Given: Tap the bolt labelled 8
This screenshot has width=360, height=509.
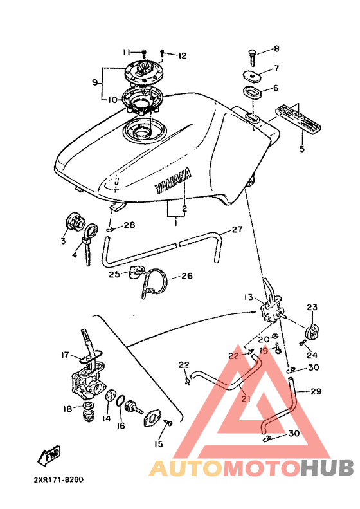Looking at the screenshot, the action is (253, 58).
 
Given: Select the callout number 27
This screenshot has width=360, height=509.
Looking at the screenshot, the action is (237, 230).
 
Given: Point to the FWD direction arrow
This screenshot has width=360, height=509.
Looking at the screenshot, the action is (49, 455).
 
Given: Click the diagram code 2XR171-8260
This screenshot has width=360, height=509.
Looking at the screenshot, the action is (59, 480).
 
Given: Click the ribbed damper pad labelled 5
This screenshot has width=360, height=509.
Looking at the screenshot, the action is (299, 118).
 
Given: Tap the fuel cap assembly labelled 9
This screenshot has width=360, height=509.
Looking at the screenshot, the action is (142, 74).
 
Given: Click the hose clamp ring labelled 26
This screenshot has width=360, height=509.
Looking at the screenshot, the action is (154, 283).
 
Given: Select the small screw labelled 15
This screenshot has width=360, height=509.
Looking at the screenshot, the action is (168, 422).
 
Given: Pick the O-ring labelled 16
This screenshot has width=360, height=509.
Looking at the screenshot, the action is (120, 402).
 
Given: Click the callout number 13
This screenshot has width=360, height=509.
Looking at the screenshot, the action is (248, 297).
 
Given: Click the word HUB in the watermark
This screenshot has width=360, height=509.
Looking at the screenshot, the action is (327, 468).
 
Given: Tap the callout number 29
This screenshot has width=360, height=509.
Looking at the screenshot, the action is (316, 391).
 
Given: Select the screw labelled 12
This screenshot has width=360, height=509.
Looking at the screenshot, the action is (163, 53).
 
